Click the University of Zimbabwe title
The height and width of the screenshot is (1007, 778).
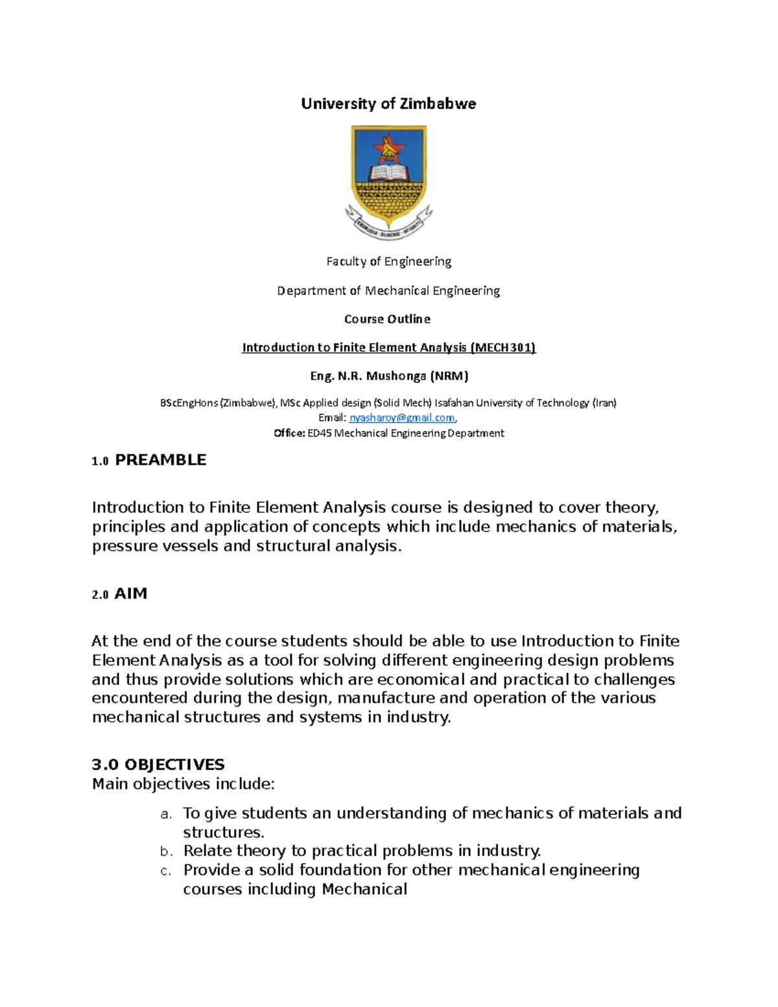[x=388, y=104]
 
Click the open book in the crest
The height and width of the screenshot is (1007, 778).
[x=389, y=173]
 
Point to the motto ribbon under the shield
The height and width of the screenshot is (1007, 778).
[x=388, y=226]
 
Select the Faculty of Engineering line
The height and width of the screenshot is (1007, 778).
[x=388, y=261]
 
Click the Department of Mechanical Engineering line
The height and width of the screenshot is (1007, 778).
[x=388, y=290]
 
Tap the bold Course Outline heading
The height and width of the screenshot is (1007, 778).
[x=387, y=319]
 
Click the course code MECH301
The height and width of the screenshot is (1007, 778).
[x=503, y=348]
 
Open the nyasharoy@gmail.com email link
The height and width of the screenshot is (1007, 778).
[x=402, y=418]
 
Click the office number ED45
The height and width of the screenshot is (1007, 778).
[x=318, y=433]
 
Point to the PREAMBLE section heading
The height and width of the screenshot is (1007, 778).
[x=160, y=460]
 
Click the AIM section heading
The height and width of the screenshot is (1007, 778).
[x=130, y=593]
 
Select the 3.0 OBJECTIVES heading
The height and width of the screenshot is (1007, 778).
[x=158, y=764]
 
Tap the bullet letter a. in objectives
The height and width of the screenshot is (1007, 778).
[x=166, y=814]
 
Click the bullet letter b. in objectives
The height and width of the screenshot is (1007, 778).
[x=166, y=851]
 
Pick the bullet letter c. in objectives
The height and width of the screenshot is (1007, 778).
[x=166, y=871]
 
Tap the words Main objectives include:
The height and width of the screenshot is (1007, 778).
[x=183, y=784]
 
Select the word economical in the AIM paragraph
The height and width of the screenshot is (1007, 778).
[x=421, y=680]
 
